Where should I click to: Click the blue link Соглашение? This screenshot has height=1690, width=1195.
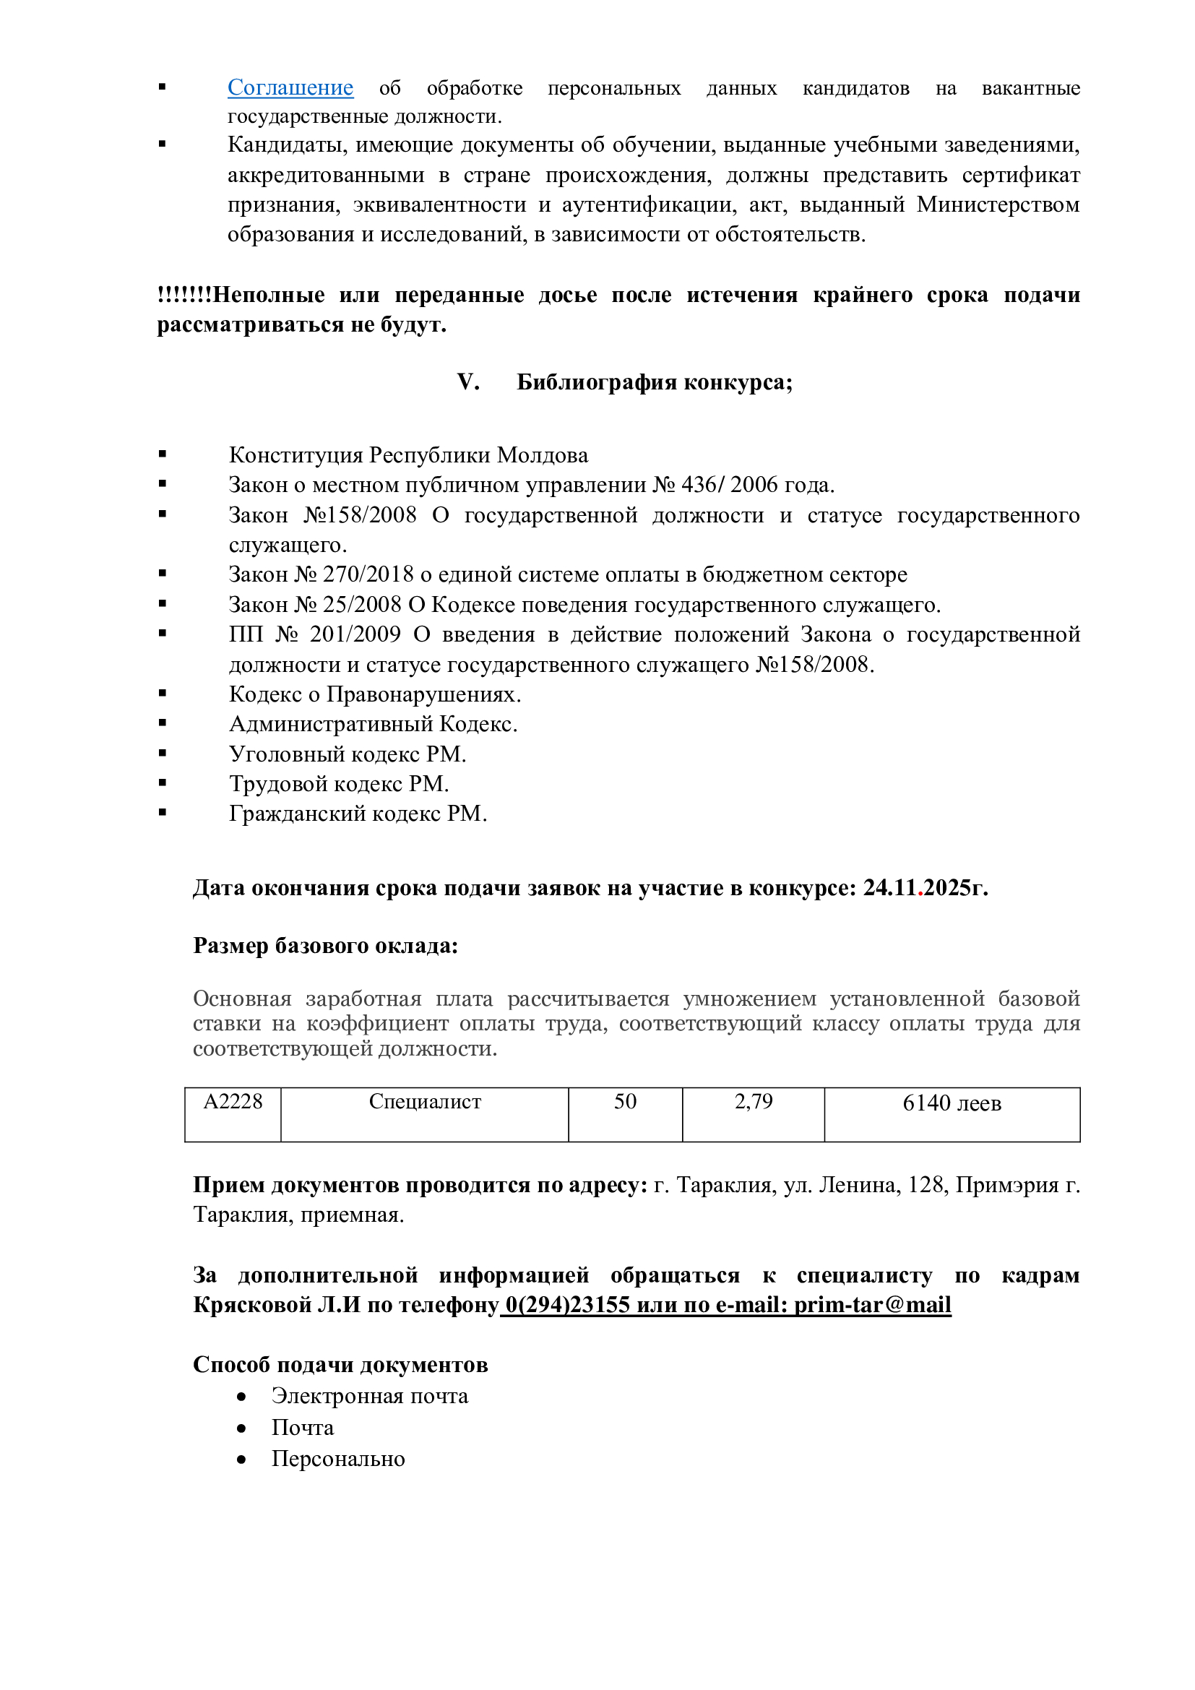tap(290, 87)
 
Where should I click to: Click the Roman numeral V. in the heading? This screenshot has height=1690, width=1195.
tap(468, 382)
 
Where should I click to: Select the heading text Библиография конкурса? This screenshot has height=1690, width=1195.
tap(654, 382)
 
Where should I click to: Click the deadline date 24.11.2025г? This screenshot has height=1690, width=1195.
tap(925, 888)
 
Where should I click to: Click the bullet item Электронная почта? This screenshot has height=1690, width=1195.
tap(369, 1396)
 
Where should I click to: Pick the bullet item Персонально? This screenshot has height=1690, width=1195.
tap(337, 1458)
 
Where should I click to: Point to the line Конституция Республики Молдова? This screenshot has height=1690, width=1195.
tap(408, 455)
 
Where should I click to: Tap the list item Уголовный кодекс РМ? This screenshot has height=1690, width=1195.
tap(348, 754)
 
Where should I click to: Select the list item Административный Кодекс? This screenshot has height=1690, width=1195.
tap(373, 723)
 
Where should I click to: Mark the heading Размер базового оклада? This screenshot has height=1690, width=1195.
tap(325, 946)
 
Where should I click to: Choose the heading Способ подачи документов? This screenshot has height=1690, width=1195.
tap(340, 1365)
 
